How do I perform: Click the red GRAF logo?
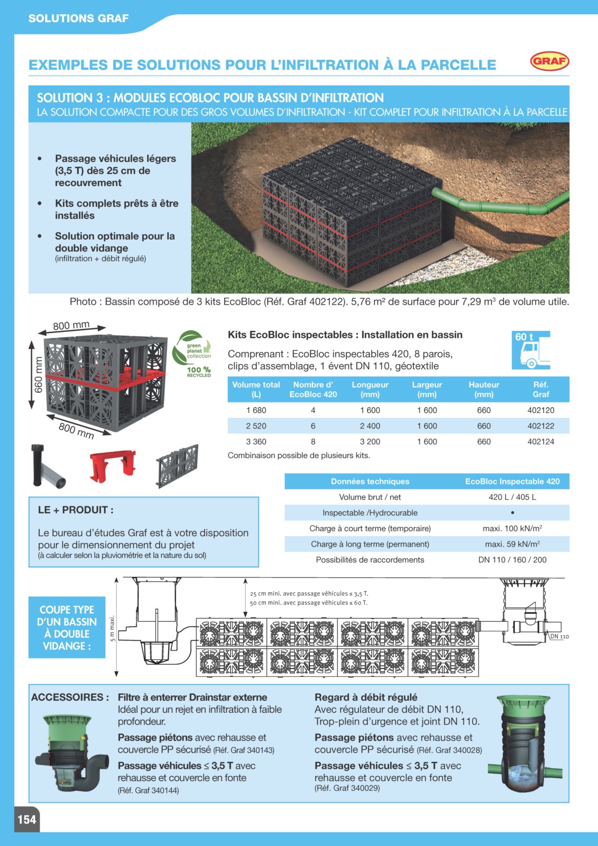click(550, 61)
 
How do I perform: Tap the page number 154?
click(27, 819)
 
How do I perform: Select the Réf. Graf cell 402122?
click(540, 426)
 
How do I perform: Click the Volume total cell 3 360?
click(256, 442)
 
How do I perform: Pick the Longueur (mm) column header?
click(370, 389)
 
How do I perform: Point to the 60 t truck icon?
click(531, 350)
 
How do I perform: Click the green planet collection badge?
click(192, 354)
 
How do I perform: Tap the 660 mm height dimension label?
click(38, 375)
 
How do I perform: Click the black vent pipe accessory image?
click(47, 465)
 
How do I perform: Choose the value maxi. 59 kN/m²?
click(512, 544)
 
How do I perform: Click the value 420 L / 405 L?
click(512, 497)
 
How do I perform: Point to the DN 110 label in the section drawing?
click(559, 637)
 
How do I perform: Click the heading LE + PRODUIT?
click(76, 510)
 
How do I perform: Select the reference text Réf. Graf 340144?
click(149, 790)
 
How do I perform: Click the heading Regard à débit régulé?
click(366, 697)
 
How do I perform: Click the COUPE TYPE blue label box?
click(67, 627)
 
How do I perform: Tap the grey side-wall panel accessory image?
click(177, 466)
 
